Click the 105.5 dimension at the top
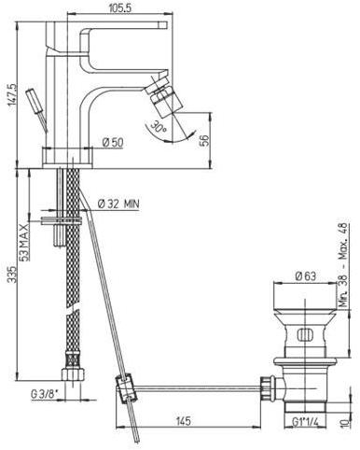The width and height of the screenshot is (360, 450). tap(120, 8)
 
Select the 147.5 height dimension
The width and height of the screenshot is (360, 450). tap(13, 95)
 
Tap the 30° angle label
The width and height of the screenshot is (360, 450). tap(159, 126)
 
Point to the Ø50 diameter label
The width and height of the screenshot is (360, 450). tap(113, 143)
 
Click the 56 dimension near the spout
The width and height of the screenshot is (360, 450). tap(205, 140)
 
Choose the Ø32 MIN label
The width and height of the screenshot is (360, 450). tap(118, 204)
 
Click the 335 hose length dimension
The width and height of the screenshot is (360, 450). tap(12, 274)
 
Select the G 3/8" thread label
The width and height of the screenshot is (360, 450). tap(45, 394)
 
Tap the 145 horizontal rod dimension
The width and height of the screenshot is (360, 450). tap(183, 421)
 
